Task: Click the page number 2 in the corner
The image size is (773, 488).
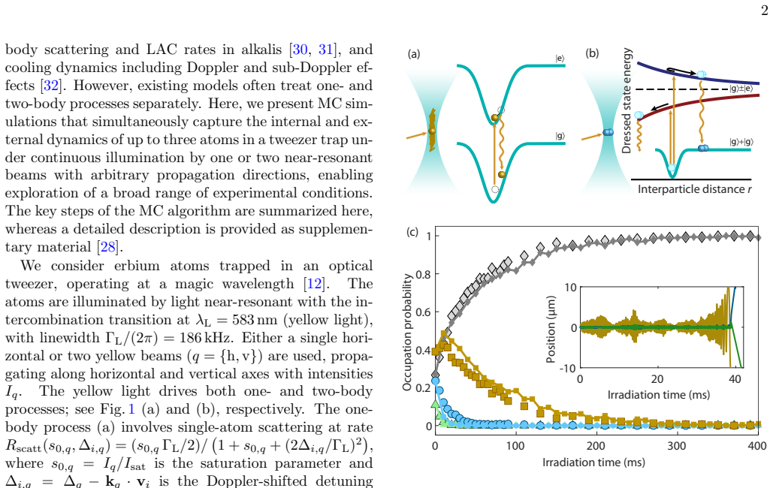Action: tap(764, 10)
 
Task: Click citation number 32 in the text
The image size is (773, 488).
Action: tap(51, 86)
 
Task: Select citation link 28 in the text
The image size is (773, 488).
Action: tap(108, 247)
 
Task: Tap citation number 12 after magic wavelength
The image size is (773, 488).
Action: tap(314, 284)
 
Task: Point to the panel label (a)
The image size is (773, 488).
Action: tap(414, 54)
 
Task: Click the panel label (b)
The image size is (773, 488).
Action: tap(592, 53)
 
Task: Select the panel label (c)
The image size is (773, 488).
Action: tap(412, 232)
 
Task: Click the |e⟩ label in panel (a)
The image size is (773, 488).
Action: tap(560, 59)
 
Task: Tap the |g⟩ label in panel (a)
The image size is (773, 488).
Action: tap(560, 136)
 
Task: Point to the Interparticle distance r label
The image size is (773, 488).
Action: tap(695, 189)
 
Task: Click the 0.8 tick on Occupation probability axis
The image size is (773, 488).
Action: tap(424, 274)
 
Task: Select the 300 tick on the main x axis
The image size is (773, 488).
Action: tap(676, 446)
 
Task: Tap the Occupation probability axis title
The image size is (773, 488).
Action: tap(407, 333)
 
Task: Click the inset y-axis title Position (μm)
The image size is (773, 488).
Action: tap(551, 330)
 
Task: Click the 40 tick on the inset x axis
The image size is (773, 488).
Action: tap(735, 379)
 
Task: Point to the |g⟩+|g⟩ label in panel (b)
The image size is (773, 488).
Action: tap(741, 142)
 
